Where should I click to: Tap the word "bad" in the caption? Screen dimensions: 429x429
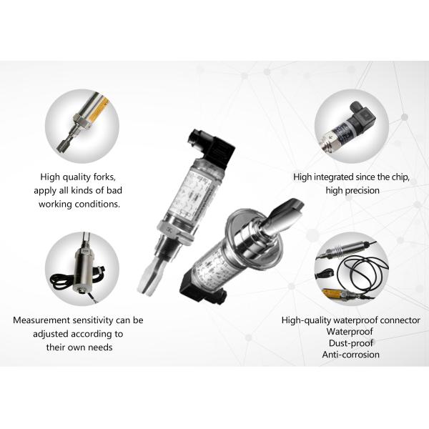(x=114, y=190)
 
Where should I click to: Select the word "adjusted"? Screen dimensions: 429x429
(x=49, y=334)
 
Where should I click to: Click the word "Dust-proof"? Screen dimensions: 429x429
(x=351, y=343)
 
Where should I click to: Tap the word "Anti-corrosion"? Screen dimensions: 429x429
(x=351, y=355)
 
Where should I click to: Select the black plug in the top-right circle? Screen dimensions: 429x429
(x=362, y=114)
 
